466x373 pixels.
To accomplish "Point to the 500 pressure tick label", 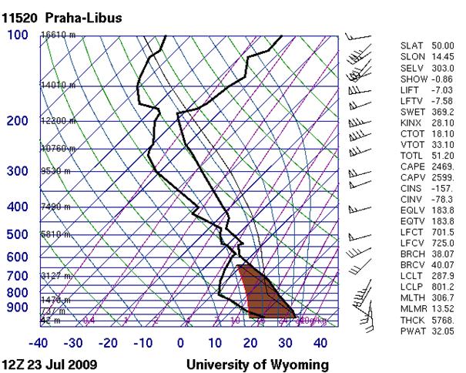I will tap(17, 234).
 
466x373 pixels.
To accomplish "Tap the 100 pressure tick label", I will tap(17, 36).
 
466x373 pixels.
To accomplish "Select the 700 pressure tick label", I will tap(17, 276).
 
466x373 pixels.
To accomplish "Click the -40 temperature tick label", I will tap(40, 342).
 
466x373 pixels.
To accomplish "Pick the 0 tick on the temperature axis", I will tap(181, 342).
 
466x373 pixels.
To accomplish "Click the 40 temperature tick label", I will tap(320, 342).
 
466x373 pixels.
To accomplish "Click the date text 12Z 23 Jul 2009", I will tap(49, 364).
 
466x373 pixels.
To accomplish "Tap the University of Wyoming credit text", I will tap(259, 364).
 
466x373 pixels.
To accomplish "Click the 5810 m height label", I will tap(54, 234).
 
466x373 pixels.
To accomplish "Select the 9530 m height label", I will tap(54, 172).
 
